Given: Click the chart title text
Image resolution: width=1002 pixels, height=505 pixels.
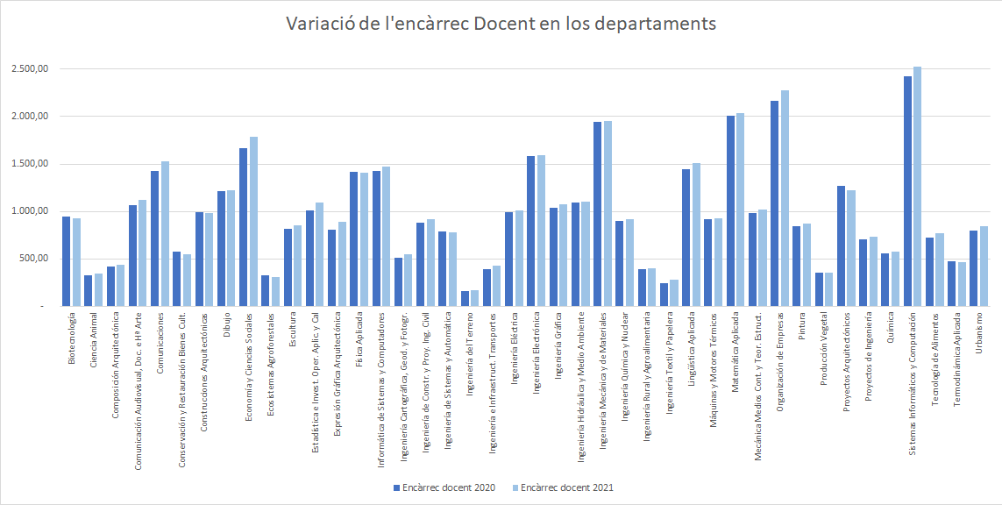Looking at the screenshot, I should pyautogui.click(x=501, y=24).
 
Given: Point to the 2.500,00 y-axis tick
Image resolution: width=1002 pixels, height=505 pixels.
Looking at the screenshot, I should pyautogui.click(x=30, y=69).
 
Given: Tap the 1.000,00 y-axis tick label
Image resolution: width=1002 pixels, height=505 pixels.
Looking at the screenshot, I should pyautogui.click(x=30, y=211).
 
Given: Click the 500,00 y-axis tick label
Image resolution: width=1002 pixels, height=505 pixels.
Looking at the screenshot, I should pyautogui.click(x=35, y=259).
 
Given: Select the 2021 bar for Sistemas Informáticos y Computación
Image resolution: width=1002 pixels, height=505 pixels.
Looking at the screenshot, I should pyautogui.click(x=917, y=186).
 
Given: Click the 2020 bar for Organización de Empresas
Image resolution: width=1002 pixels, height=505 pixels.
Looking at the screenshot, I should pyautogui.click(x=775, y=203).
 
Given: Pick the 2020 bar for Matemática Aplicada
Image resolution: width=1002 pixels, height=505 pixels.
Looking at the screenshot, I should pyautogui.click(x=730, y=210).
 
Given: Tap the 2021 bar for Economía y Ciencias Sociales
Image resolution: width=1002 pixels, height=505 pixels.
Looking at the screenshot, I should pyautogui.click(x=253, y=221).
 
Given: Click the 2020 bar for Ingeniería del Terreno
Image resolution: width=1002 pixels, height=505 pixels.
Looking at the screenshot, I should pyautogui.click(x=465, y=298).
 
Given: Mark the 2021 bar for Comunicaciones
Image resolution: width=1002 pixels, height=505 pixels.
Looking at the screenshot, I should pyautogui.click(x=165, y=233).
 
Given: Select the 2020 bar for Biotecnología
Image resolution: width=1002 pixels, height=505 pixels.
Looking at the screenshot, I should pyautogui.click(x=66, y=261).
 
